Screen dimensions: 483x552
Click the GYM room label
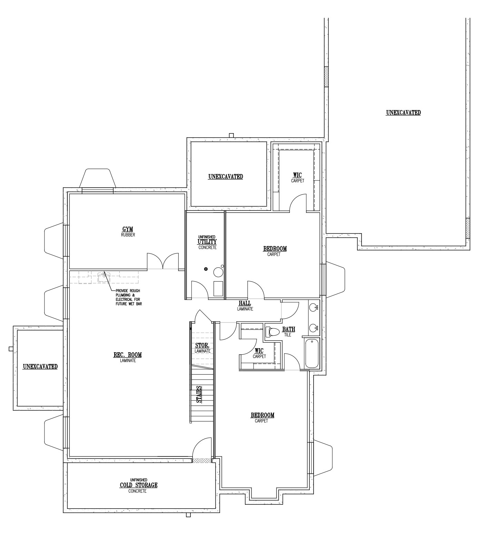point(128,229)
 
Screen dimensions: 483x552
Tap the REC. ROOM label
point(128,355)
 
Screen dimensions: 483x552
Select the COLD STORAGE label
point(138,485)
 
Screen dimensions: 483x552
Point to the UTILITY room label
point(207,241)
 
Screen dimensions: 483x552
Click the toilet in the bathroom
point(272,332)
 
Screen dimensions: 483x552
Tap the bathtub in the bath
point(312,354)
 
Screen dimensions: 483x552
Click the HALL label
point(245,304)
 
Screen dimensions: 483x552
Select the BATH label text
point(288,329)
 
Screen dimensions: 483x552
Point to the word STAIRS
point(199,394)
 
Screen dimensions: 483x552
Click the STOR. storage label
point(202,345)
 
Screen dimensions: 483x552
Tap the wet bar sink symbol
point(103,277)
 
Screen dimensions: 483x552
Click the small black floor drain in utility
point(206,269)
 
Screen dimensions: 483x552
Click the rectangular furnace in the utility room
point(218,289)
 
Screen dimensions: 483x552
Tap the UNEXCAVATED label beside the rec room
point(40,367)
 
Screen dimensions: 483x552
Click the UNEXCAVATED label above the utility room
point(226,177)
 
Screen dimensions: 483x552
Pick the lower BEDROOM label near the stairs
point(263,415)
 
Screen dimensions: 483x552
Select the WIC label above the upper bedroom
point(297,176)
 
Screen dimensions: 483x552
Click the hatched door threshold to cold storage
point(202,461)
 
